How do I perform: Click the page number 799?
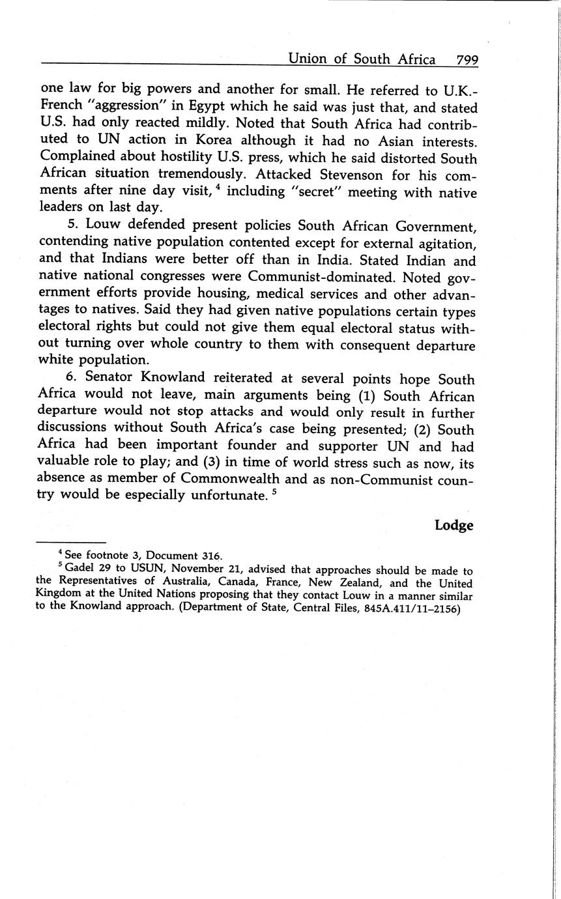467,60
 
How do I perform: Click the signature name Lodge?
453,525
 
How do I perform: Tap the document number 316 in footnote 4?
210,556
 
